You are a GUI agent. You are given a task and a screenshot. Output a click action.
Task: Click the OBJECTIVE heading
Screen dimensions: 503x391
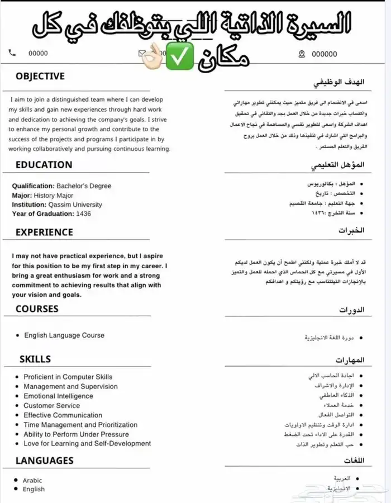[x=40, y=77]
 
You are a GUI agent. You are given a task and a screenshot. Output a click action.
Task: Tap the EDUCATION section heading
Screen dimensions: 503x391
[x=44, y=165]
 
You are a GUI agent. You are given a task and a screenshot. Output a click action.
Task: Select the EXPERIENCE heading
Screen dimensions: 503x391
[x=44, y=232]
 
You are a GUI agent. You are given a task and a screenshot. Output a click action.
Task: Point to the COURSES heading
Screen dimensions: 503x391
[x=37, y=309]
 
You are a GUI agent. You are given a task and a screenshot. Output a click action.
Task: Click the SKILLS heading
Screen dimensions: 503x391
[x=35, y=359]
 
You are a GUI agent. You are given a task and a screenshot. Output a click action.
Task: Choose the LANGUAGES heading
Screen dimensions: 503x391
[x=44, y=461]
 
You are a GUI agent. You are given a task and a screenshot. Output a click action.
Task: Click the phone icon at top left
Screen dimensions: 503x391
[x=12, y=53]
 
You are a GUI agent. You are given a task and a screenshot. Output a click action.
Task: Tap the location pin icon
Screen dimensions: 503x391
[x=302, y=54]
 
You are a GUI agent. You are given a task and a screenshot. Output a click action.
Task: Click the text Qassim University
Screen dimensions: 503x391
[x=76, y=205]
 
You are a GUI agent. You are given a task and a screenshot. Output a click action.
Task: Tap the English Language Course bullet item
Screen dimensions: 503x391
[x=64, y=335]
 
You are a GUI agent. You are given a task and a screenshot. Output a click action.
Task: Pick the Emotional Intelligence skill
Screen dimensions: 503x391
[x=58, y=396]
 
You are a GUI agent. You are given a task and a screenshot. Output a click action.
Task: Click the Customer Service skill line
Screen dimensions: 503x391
[x=51, y=406]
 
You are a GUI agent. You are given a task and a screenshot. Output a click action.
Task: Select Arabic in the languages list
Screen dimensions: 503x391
[x=32, y=480]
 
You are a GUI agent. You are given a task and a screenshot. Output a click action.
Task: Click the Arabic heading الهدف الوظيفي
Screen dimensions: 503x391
[x=338, y=82]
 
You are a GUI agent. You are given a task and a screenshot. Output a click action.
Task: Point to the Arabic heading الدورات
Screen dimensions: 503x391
[x=352, y=309]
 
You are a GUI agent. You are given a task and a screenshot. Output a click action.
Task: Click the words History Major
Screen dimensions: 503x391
[x=53, y=196]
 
